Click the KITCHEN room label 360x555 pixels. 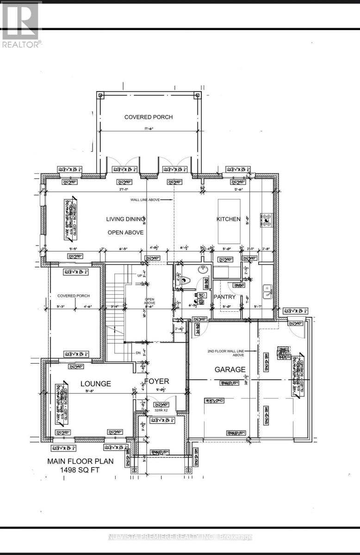point(229,219)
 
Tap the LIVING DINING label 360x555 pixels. point(126,219)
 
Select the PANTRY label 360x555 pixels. point(224,296)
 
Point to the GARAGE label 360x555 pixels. point(230,370)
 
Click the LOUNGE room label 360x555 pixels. point(96,383)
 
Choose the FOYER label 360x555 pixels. point(156,381)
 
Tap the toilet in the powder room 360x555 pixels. point(185,279)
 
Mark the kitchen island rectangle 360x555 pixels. point(229,221)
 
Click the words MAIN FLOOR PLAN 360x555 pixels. point(81,461)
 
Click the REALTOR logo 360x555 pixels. point(21,25)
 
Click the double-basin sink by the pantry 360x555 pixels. point(267,290)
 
